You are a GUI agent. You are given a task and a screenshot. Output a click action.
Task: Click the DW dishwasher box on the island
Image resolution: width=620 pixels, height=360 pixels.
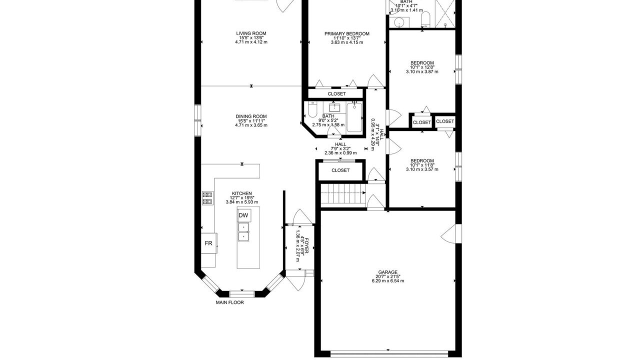(244, 215)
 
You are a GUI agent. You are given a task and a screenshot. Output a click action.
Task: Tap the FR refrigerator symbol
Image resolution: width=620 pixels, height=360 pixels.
(208, 243)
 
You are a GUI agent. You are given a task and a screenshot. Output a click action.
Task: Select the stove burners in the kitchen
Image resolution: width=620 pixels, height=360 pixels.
(207, 198)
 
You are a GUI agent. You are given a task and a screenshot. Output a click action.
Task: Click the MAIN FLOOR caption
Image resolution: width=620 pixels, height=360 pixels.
(229, 302)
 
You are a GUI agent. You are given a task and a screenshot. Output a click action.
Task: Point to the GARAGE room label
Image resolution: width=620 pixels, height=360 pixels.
(388, 272)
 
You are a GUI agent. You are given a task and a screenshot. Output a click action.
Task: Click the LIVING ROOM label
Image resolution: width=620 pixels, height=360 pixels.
(251, 33)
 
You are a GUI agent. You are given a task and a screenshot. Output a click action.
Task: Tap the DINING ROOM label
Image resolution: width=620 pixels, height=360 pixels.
(251, 116)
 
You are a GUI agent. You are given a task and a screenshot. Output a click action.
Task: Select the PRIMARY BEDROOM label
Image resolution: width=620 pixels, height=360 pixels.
(347, 34)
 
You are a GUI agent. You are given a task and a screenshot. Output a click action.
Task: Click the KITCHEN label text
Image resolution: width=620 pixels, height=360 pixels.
(242, 193)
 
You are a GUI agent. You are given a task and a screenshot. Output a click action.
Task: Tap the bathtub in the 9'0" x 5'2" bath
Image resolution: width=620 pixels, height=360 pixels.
(354, 117)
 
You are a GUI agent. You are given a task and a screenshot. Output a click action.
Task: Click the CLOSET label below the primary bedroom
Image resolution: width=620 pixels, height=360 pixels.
(336, 94)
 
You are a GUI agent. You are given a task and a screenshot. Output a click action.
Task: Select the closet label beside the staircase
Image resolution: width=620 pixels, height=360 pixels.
(340, 170)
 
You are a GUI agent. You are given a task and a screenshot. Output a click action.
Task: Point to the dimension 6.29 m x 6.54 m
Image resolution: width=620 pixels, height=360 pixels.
(388, 281)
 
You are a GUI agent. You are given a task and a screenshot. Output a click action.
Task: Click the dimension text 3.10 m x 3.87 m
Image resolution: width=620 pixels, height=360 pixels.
(422, 71)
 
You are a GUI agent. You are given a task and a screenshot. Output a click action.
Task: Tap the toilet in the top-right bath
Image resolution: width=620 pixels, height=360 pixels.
(425, 19)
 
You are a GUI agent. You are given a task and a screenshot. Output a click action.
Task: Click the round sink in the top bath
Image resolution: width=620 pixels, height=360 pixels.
(399, 22)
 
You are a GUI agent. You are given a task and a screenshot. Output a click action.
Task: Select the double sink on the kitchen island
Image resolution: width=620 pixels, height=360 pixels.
(243, 232)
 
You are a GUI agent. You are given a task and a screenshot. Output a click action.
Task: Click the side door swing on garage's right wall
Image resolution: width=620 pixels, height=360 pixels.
(451, 233)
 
